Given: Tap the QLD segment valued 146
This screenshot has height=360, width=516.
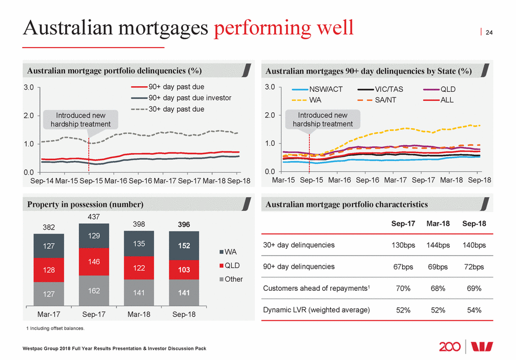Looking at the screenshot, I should pyautogui.click(x=93, y=261).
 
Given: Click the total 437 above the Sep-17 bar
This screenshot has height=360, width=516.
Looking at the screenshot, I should pyautogui.click(x=93, y=217).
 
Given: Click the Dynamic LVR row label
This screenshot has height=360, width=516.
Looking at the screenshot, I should pyautogui.click(x=316, y=310).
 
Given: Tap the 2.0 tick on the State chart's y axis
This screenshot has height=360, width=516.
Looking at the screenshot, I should pyautogui.click(x=270, y=115).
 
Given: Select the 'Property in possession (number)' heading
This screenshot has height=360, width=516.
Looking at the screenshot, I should pyautogui.click(x=86, y=204).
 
